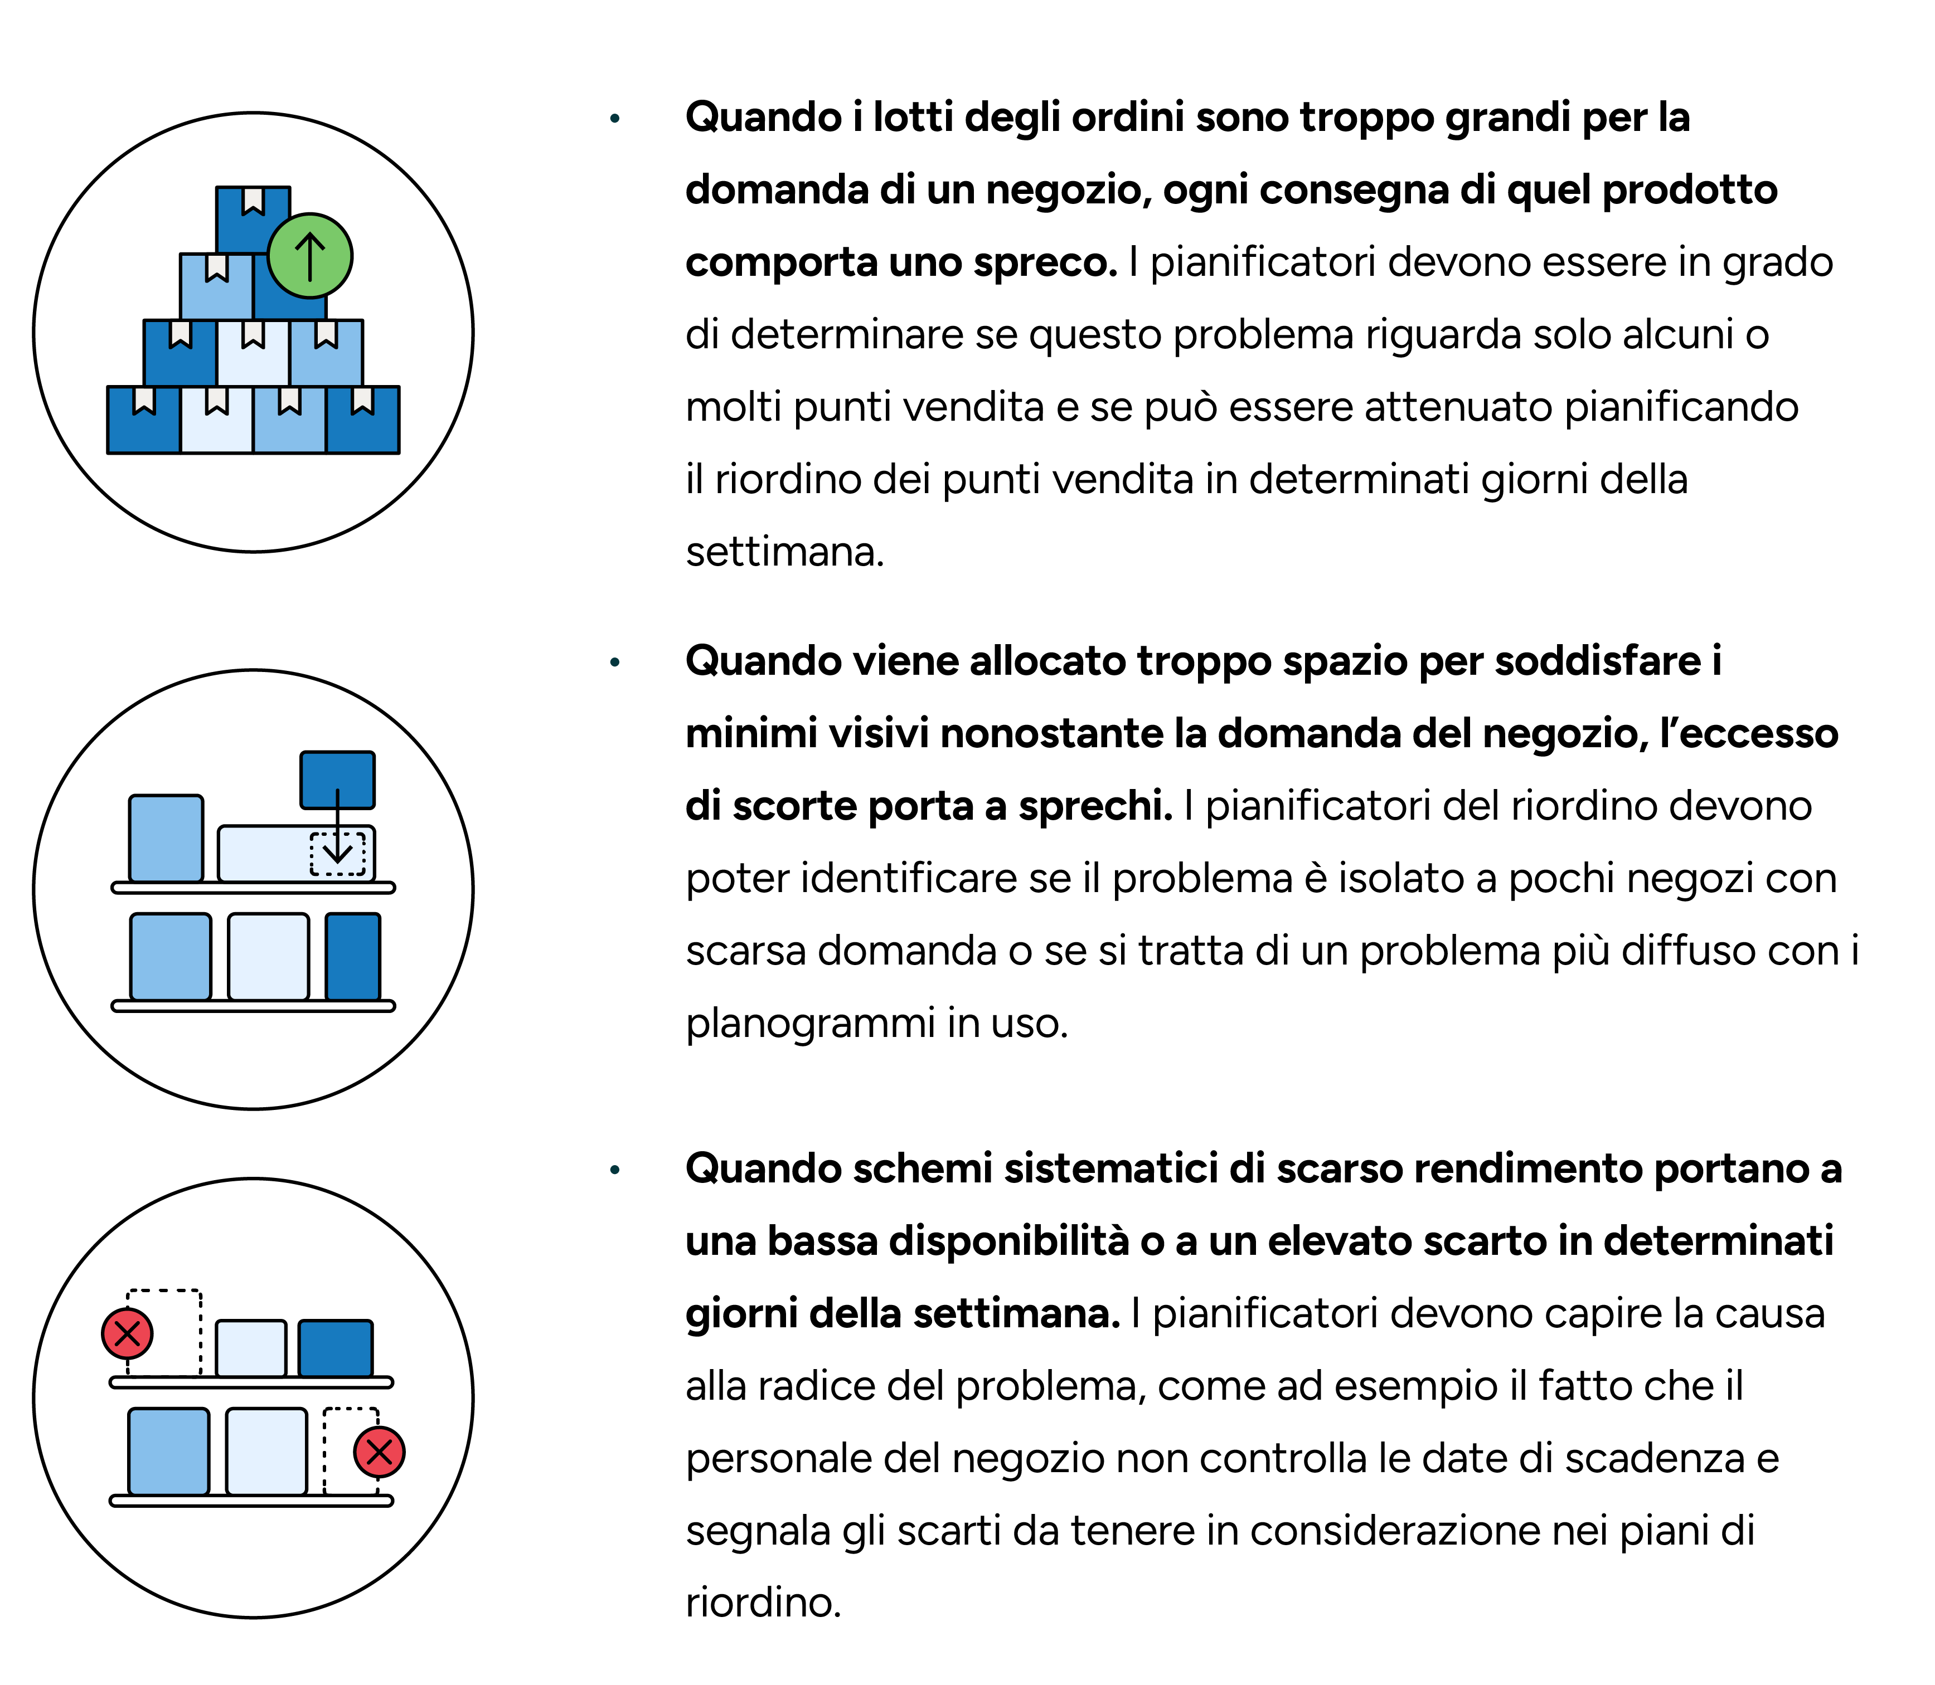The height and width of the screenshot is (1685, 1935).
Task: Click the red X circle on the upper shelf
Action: click(127, 1333)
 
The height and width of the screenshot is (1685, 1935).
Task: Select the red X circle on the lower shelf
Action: click(379, 1452)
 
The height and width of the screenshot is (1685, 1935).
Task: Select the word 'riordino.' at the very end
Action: click(763, 1603)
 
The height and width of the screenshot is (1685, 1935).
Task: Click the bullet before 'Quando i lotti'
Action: click(615, 119)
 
